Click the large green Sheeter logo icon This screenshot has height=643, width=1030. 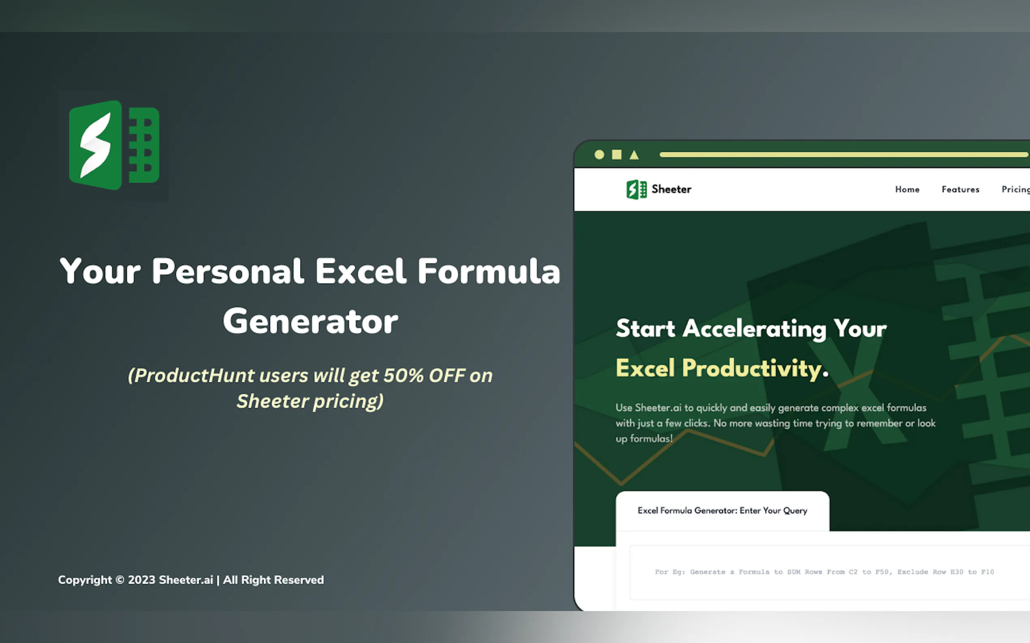[x=114, y=145]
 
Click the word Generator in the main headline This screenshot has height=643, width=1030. [x=310, y=321]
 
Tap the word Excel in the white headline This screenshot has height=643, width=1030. [x=360, y=271]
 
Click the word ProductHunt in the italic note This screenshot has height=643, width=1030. [x=195, y=375]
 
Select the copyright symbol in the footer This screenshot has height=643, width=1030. [x=120, y=580]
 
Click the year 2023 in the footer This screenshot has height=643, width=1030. [x=142, y=580]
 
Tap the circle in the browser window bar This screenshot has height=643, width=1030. [x=599, y=154]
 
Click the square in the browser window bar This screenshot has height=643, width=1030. [x=616, y=154]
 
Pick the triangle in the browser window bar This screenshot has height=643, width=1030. [x=634, y=155]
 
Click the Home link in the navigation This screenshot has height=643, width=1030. [x=907, y=189]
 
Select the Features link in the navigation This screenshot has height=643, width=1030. [x=960, y=189]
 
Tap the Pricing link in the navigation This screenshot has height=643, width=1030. [x=1016, y=189]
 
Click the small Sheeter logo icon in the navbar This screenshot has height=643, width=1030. [x=637, y=189]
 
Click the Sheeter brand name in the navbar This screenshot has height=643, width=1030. [x=671, y=189]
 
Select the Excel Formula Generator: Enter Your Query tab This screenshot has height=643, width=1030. [x=722, y=511]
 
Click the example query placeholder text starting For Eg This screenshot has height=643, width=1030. [x=824, y=572]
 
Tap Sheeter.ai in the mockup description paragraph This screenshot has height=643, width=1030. [x=658, y=407]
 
